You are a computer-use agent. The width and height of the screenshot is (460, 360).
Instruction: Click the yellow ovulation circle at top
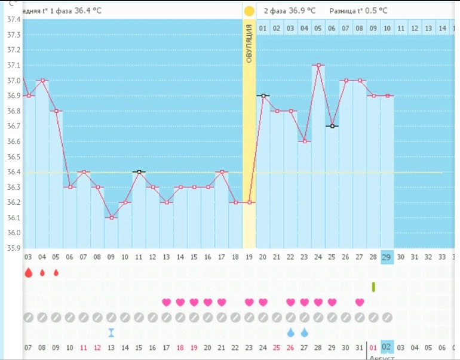pyautogui.click(x=249, y=11)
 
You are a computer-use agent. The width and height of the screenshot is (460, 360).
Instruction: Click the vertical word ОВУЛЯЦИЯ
pyautogui.click(x=249, y=45)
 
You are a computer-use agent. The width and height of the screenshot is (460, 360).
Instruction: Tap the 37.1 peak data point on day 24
pyautogui.click(x=318, y=65)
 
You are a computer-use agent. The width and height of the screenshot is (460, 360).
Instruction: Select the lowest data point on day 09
pyautogui.click(x=111, y=217)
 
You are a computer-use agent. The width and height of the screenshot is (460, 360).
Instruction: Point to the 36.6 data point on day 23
pyautogui.click(x=305, y=141)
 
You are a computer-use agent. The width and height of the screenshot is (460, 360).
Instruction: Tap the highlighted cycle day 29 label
pyautogui.click(x=387, y=257)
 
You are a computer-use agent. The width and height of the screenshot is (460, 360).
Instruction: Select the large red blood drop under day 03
pyautogui.click(x=28, y=273)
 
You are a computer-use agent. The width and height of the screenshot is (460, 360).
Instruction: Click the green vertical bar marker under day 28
pyautogui.click(x=373, y=287)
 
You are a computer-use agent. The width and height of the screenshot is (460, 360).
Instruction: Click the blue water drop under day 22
pyautogui.click(x=291, y=332)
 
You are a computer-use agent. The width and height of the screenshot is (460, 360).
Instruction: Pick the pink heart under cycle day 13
pyautogui.click(x=167, y=302)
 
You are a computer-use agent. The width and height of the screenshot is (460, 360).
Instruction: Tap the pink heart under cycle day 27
pyautogui.click(x=360, y=302)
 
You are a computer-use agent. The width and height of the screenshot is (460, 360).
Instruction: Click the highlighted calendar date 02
pyautogui.click(x=387, y=347)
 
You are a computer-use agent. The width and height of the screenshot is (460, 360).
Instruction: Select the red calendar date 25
pyautogui.click(x=277, y=347)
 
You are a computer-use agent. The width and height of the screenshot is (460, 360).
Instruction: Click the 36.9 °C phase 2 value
pyautogui.click(x=303, y=11)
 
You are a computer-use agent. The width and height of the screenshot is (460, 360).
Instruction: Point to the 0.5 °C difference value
pyautogui.click(x=376, y=11)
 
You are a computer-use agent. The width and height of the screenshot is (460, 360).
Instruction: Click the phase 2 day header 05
pyautogui.click(x=318, y=28)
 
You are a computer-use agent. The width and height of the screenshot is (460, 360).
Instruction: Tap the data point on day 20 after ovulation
pyautogui.click(x=263, y=96)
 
